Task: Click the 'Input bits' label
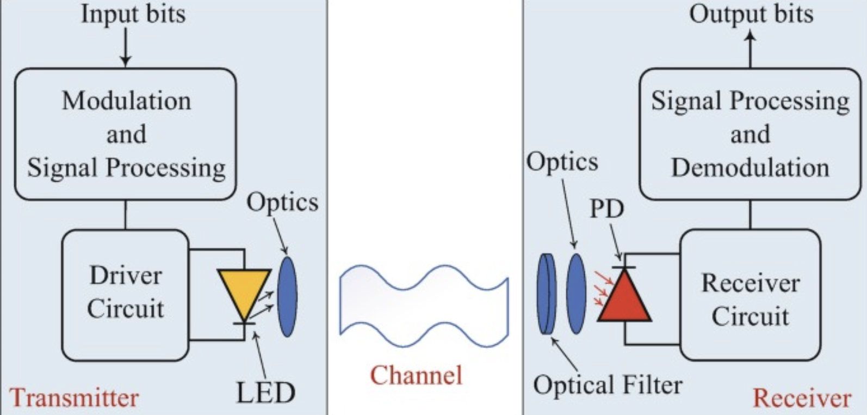[x=133, y=14]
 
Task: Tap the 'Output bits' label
[x=751, y=14]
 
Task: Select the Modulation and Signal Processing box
[x=126, y=134]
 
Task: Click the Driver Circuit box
[x=125, y=294]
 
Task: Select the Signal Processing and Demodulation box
[x=750, y=134]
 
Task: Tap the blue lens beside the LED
[x=287, y=297]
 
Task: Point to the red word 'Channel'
[x=416, y=376]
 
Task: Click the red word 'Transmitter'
[x=74, y=398]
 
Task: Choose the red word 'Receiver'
[x=802, y=398]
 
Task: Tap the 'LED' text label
[x=265, y=393]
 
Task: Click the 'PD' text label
[x=607, y=209]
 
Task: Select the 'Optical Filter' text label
[x=608, y=385]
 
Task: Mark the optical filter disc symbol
[x=547, y=294]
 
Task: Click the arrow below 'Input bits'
[x=126, y=47]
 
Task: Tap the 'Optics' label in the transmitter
[x=282, y=202]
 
